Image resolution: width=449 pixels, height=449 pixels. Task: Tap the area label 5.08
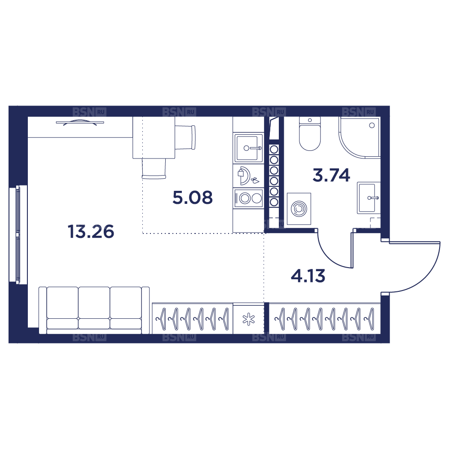193,198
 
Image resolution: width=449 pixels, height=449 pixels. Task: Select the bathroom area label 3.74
331,175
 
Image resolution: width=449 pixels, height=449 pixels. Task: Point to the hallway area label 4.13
308,276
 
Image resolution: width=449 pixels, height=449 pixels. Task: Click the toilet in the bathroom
309,133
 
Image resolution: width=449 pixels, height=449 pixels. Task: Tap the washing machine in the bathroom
299,209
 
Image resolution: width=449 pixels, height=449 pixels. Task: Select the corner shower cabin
360,137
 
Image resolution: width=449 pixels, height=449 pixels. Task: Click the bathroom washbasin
369,198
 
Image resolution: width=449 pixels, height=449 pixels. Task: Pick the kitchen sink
249,148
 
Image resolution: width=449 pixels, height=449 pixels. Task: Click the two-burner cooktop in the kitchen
249,198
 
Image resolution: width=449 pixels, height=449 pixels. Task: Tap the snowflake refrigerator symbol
249,320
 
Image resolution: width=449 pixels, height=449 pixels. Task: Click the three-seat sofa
94,310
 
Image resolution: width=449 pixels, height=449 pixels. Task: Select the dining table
154,137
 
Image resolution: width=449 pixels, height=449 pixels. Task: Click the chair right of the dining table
185,137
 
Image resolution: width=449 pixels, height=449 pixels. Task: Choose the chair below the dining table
154,169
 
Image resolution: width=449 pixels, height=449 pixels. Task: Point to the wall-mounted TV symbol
80,123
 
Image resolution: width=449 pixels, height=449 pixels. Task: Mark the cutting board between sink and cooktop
245,176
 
